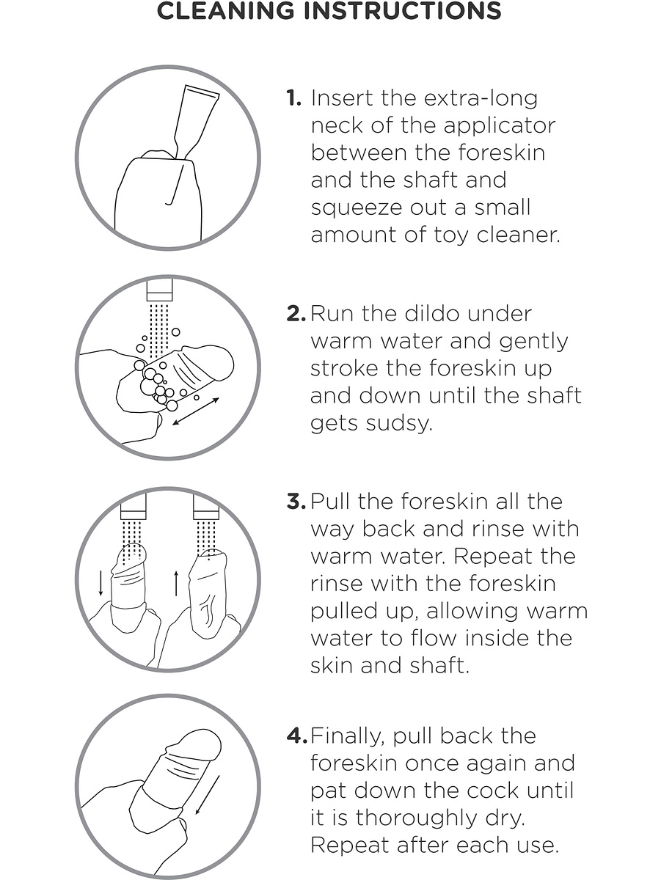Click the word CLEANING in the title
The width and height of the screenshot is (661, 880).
click(225, 11)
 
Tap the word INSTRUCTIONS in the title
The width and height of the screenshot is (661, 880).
click(403, 11)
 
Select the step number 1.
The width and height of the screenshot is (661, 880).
click(293, 98)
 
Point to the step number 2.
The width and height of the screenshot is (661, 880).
click(296, 314)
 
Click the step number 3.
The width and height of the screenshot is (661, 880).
click(296, 502)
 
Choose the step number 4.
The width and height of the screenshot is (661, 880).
click(297, 736)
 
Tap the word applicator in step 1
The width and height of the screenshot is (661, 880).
click(500, 127)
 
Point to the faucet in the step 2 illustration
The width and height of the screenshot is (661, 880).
click(160, 290)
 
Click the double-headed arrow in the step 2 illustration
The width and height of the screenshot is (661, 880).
click(196, 411)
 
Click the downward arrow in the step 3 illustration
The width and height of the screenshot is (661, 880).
click(101, 582)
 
